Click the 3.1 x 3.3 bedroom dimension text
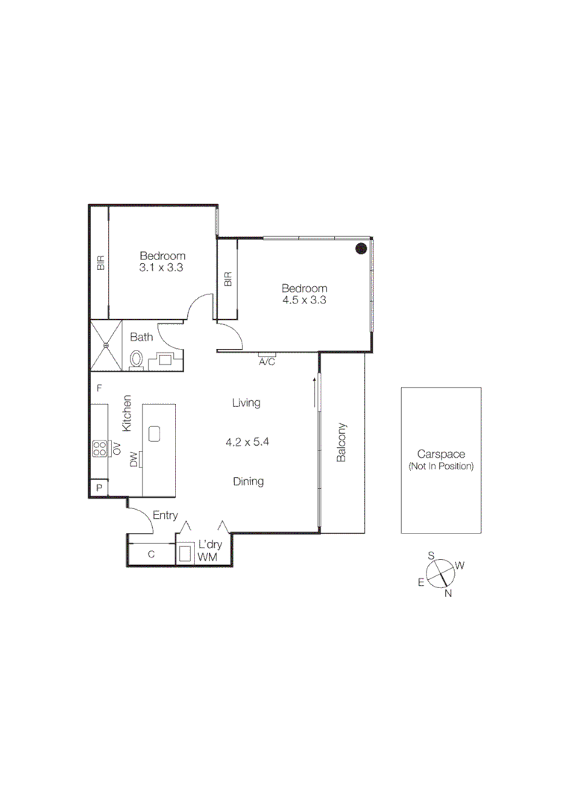pyautogui.click(x=161, y=267)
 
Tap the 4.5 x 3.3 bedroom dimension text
pyautogui.click(x=304, y=300)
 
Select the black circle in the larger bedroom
pyautogui.click(x=361, y=248)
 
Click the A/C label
pyautogui.click(x=267, y=362)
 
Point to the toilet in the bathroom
pyautogui.click(x=136, y=360)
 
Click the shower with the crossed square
pyautogui.click(x=105, y=345)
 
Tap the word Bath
pyautogui.click(x=142, y=337)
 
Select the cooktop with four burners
pyautogui.click(x=99, y=448)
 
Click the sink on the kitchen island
pyautogui.click(x=155, y=434)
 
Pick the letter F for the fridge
pyautogui.click(x=98, y=388)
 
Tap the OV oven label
pyautogui.click(x=117, y=448)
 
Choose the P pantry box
pyautogui.click(x=98, y=488)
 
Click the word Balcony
pyautogui.click(x=342, y=443)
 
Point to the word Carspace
pyautogui.click(x=441, y=454)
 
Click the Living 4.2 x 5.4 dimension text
pyautogui.click(x=247, y=441)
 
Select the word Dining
pyautogui.click(x=248, y=482)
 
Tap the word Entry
pyautogui.click(x=165, y=515)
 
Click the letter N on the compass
pyautogui.click(x=448, y=593)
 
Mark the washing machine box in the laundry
pyautogui.click(x=185, y=555)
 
